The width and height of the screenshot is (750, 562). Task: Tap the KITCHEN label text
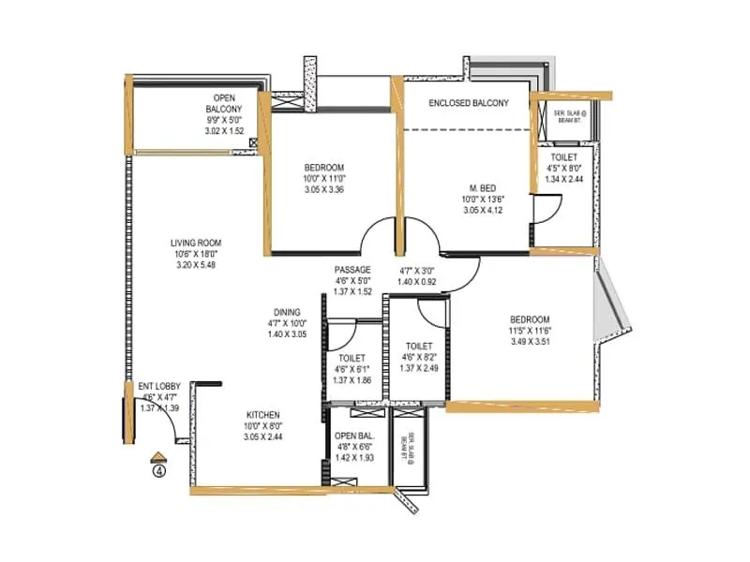point(262,414)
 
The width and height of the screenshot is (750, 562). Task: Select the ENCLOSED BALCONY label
point(469,103)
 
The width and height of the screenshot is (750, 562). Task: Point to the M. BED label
point(483,186)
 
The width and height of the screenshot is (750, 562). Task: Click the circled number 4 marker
point(159,471)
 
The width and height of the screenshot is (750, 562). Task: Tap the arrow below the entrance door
point(159,457)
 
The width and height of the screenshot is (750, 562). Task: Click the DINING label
point(287,312)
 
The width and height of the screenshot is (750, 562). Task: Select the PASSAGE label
point(352,270)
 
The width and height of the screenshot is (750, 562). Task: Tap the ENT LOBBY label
point(158,386)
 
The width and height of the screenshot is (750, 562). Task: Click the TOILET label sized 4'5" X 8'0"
point(564,157)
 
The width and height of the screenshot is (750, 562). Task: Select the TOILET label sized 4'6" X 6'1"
point(352,358)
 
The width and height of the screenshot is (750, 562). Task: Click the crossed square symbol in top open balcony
point(253,143)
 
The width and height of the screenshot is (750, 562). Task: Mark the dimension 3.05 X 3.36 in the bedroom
point(298,189)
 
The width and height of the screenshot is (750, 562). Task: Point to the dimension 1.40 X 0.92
point(417,281)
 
